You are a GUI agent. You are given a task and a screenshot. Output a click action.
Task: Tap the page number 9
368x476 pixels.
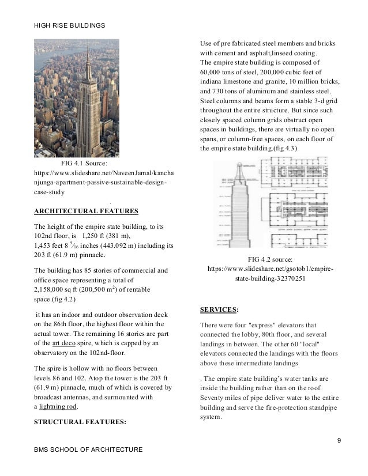(x=339, y=441)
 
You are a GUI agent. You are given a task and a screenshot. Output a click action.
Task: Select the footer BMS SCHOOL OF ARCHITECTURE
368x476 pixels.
(x=88, y=449)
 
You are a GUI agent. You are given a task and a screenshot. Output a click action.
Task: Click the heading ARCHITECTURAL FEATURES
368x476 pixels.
(x=86, y=210)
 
